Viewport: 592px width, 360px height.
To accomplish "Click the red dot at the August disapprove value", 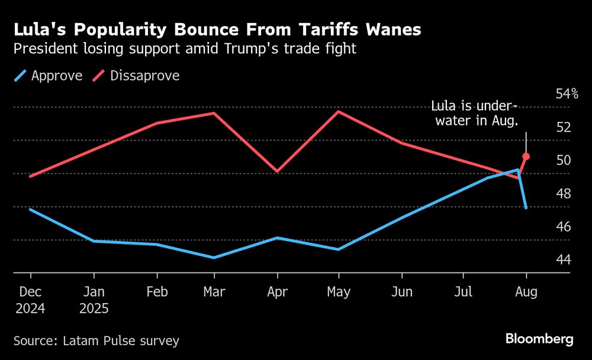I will click(x=526, y=156).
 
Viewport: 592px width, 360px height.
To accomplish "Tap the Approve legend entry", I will click(x=48, y=76).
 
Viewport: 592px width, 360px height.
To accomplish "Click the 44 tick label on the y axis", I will click(x=563, y=259).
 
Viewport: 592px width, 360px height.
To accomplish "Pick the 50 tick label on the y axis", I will click(x=563, y=160).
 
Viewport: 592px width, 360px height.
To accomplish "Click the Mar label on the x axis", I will click(x=214, y=292).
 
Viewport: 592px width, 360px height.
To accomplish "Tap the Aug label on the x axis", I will click(x=526, y=292).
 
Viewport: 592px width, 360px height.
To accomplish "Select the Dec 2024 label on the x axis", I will click(x=31, y=300).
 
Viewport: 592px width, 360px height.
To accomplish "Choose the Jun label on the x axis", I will click(x=402, y=292).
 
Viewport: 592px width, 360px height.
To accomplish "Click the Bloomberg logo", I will click(x=539, y=339).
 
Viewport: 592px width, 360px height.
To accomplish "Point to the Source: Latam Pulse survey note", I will click(x=96, y=340).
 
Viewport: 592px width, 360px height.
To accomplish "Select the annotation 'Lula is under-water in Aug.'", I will click(x=474, y=114).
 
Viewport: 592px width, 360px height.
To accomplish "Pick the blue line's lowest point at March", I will click(x=214, y=258).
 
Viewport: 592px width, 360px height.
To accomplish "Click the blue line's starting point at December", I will click(x=30, y=209).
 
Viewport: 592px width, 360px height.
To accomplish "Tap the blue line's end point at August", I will click(x=526, y=208).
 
